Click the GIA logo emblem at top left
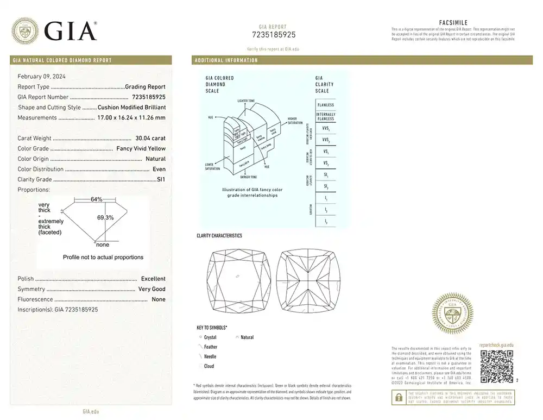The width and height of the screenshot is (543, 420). [x=26, y=30]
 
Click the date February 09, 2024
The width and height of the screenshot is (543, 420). [x=42, y=76]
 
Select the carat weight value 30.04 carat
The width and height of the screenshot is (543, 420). [x=150, y=139]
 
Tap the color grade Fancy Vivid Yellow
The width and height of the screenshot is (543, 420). [x=141, y=149]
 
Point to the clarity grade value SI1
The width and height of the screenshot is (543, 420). [x=161, y=179]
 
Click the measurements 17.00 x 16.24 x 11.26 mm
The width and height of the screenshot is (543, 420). [x=131, y=118]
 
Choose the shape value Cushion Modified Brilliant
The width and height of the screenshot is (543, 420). [x=131, y=108]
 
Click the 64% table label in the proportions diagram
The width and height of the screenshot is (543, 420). [x=96, y=199]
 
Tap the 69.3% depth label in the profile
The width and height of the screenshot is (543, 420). [x=105, y=218]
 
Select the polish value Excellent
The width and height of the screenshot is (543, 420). [x=153, y=279]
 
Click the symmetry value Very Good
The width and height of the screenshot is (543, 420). [x=152, y=289]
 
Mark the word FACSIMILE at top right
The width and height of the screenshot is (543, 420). [x=453, y=22]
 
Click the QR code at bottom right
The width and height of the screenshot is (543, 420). [x=496, y=366]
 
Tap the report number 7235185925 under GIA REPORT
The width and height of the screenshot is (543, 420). [x=274, y=35]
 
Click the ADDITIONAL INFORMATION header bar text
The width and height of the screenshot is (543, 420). [x=226, y=60]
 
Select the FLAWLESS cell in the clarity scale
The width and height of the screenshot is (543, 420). [x=326, y=105]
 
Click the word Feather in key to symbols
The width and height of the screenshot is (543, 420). [x=211, y=347]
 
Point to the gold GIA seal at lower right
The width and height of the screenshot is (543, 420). [x=452, y=314]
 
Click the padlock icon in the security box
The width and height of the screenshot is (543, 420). [x=399, y=397]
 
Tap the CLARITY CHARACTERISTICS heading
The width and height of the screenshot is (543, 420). [x=219, y=236]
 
